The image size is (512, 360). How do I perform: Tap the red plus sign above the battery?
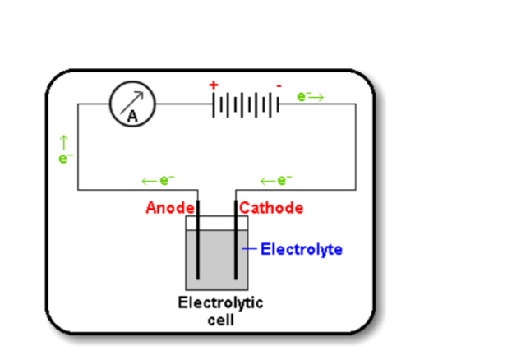(214, 85)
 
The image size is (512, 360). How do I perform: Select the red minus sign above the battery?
(279, 85)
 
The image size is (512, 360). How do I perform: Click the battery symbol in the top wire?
(246, 105)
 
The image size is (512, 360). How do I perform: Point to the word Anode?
(169, 208)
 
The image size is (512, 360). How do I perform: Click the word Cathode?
(272, 208)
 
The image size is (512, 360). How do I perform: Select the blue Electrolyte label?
(302, 248)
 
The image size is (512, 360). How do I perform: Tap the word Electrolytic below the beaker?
(220, 302)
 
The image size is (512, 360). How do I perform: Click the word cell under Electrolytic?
(220, 318)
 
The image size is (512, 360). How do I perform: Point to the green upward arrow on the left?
(63, 141)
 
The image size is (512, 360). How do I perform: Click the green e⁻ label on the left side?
(63, 158)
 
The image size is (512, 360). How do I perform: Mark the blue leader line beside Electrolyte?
(250, 248)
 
